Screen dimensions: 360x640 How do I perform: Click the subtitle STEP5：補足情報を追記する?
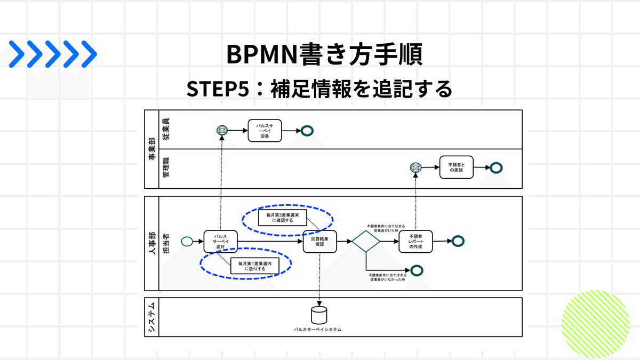(319, 88)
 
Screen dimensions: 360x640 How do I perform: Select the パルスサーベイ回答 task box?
(265, 130)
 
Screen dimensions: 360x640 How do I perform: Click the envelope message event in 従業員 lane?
(222, 130)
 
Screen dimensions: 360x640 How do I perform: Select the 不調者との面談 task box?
(457, 167)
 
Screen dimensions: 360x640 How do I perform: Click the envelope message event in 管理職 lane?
(415, 167)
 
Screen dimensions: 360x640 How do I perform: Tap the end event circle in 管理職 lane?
(496, 167)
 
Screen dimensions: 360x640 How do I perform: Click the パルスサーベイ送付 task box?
(220, 242)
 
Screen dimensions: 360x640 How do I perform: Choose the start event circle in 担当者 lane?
(187, 242)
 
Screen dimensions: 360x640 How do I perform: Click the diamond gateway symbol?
(366, 242)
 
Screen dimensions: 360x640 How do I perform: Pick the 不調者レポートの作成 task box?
(415, 242)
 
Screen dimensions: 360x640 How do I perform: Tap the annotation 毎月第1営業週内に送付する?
(255, 266)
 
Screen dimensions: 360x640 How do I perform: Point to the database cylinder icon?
(319, 315)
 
